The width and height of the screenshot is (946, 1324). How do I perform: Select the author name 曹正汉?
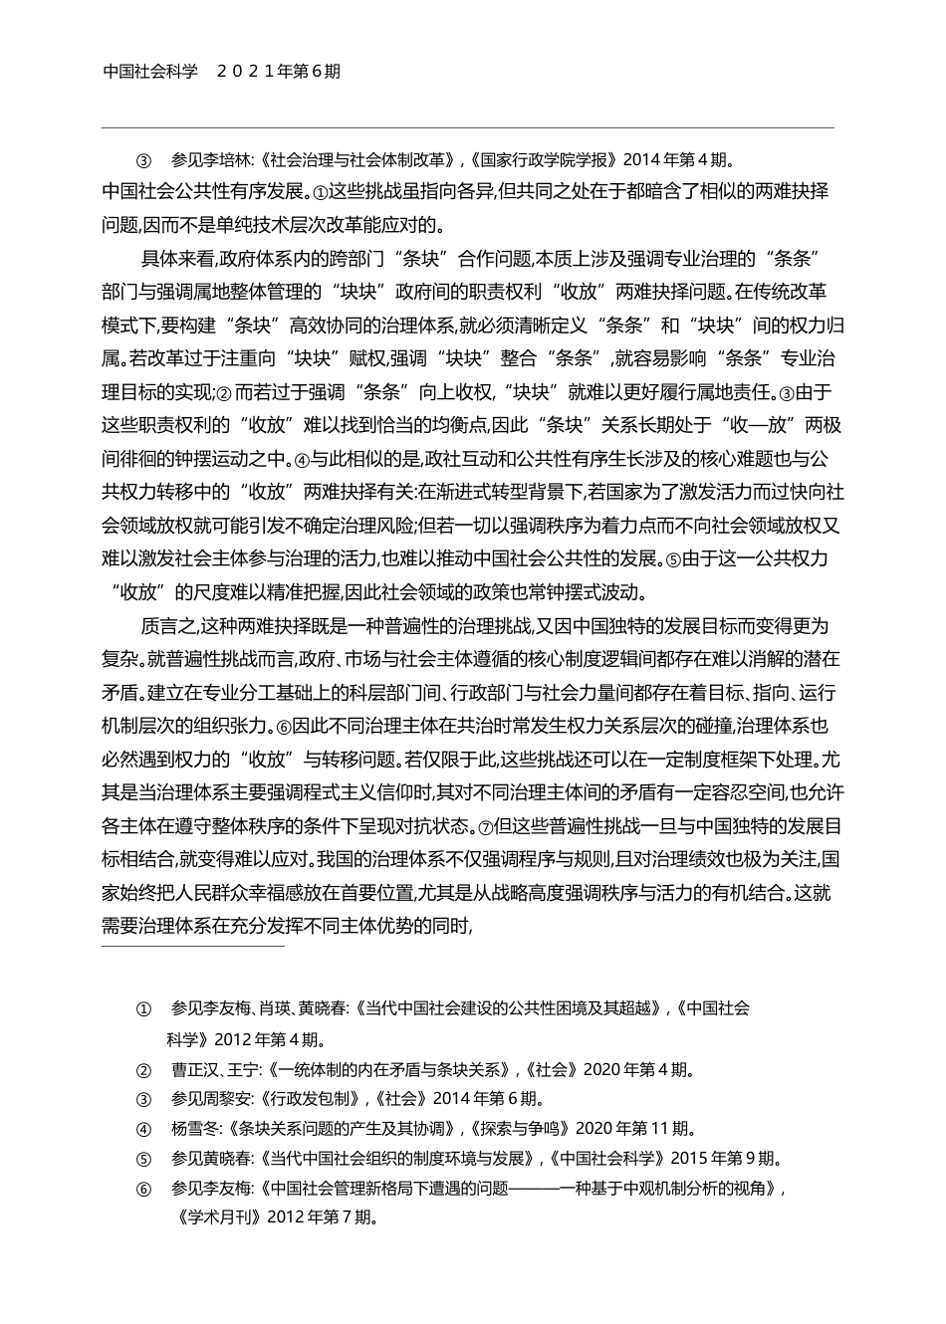pyautogui.click(x=193, y=1070)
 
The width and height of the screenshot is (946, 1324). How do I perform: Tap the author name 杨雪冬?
pyautogui.click(x=193, y=1129)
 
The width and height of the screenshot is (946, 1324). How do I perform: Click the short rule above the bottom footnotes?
pyautogui.click(x=193, y=945)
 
